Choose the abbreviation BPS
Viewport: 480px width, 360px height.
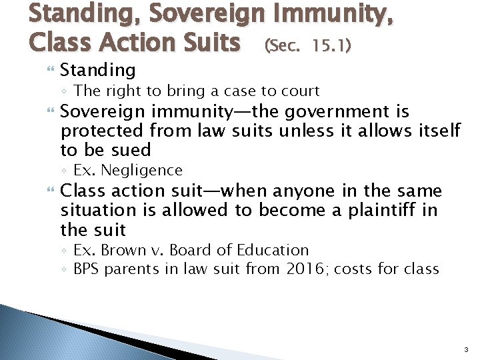tap(87, 269)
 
